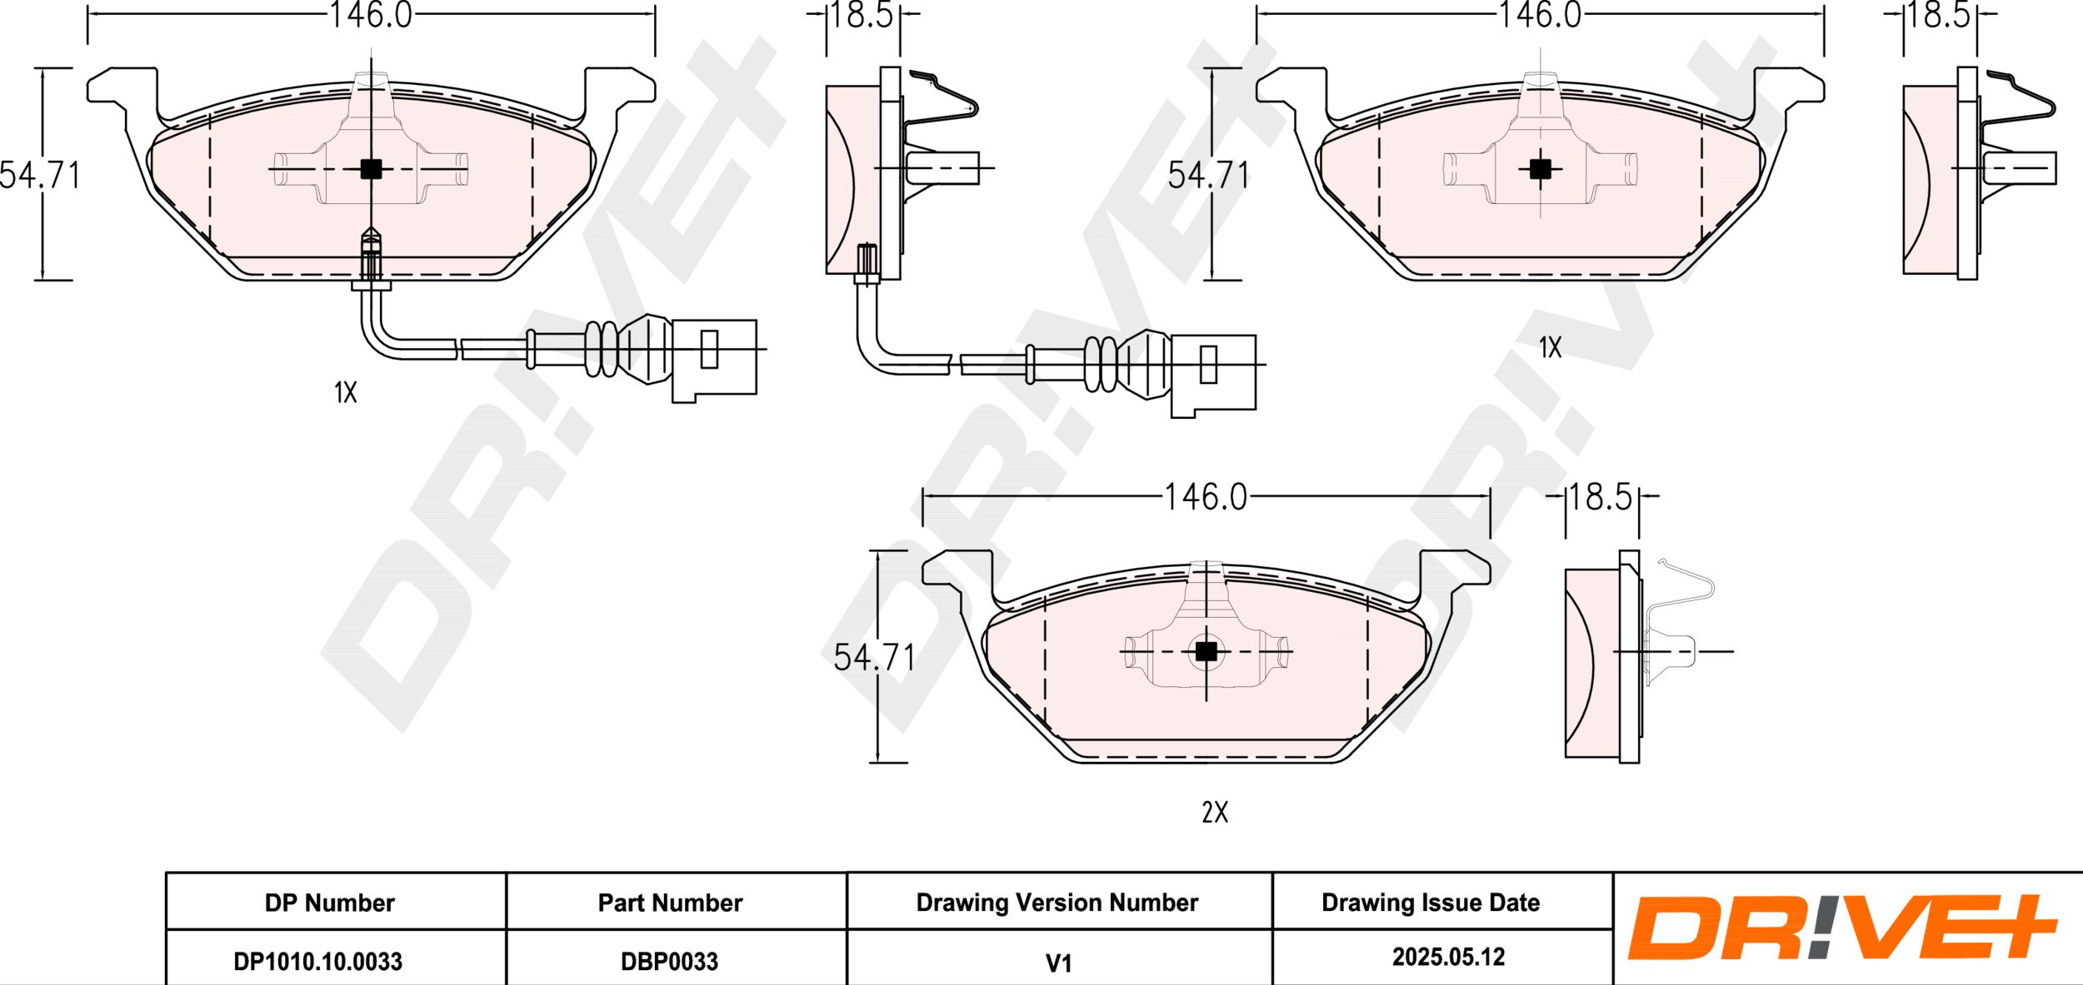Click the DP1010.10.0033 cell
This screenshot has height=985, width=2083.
point(317,962)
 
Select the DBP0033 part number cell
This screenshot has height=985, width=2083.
point(669,962)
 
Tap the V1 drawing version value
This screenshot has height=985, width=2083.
point(1058,963)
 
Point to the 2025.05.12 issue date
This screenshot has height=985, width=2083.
point(1448,958)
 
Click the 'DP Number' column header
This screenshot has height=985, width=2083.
point(330,903)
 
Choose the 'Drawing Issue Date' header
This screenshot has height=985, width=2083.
point(1431,903)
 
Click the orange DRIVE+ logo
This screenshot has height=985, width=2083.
point(1842,927)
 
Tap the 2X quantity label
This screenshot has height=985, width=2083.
point(1215,812)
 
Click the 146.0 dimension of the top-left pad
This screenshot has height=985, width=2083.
point(371,15)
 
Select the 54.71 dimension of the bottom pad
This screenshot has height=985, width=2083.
point(874,658)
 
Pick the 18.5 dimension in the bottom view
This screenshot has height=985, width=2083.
point(1601,497)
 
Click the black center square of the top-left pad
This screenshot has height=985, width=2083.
point(371,169)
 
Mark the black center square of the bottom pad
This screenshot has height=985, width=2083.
point(1206,651)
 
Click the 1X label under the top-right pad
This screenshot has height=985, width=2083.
point(1550,347)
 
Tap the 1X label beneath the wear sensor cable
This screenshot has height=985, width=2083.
point(345,392)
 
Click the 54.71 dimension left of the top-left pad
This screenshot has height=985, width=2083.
point(40,176)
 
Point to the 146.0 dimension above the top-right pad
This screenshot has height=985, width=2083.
point(1540,15)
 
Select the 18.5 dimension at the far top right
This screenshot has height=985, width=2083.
point(1939,15)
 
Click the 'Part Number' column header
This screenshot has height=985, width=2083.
point(670,903)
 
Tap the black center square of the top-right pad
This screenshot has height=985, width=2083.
point(1541,169)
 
